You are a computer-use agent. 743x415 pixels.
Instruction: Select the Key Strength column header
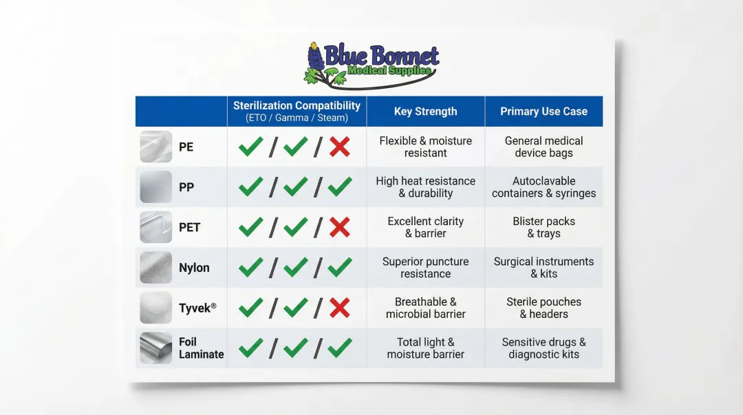425,111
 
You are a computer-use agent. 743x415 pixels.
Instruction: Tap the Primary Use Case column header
543,111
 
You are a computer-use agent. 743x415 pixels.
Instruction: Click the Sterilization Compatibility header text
297,106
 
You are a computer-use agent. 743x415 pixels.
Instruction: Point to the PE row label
186,147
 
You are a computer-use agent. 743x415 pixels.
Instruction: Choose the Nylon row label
194,268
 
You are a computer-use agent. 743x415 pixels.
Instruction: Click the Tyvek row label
197,308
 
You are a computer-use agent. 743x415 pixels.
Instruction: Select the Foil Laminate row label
201,348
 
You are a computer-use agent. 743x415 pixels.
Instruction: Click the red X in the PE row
340,147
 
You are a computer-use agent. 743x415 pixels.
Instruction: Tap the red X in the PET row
340,227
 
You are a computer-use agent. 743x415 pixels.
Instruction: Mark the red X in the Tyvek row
340,308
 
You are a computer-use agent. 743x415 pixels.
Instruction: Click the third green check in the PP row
340,187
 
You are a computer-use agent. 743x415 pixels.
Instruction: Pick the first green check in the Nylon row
250,267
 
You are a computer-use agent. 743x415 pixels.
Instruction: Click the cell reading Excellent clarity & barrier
425,227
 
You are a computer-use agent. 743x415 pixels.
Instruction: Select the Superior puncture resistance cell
425,268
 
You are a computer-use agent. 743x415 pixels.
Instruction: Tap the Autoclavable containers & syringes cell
543,187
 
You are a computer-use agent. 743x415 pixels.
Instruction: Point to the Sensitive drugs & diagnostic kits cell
543,348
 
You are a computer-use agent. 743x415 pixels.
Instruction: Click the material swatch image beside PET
155,227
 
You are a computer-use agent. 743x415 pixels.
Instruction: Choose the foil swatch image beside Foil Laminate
155,348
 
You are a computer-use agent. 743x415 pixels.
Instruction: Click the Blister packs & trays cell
543,227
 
